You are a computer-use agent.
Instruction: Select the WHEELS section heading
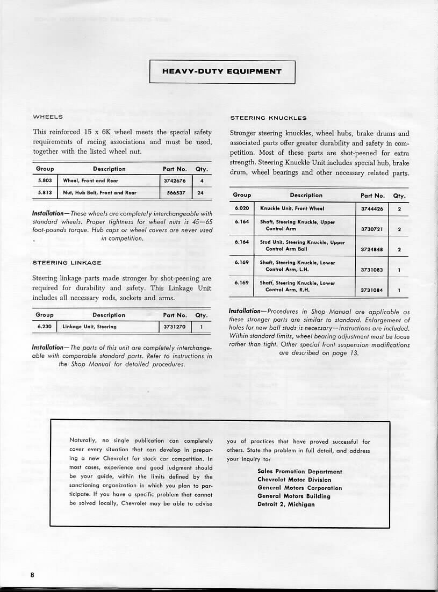pyautogui.click(x=48, y=117)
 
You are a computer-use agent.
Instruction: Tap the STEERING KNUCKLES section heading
pyautogui.click(x=268, y=118)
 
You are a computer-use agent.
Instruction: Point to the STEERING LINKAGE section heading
pyautogui.click(x=67, y=263)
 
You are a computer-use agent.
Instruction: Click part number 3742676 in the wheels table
pyautogui.click(x=175, y=181)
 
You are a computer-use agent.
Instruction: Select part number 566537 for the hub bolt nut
pyautogui.click(x=175, y=192)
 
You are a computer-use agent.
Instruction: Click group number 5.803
pyautogui.click(x=44, y=181)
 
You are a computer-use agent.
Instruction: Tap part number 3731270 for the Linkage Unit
pyautogui.click(x=175, y=327)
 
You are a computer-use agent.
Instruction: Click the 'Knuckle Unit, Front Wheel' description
pyautogui.click(x=292, y=208)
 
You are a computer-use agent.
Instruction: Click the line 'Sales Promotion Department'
pyautogui.click(x=299, y=472)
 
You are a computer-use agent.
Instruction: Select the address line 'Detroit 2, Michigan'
pyautogui.click(x=286, y=504)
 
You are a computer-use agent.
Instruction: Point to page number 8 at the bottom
pyautogui.click(x=32, y=574)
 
